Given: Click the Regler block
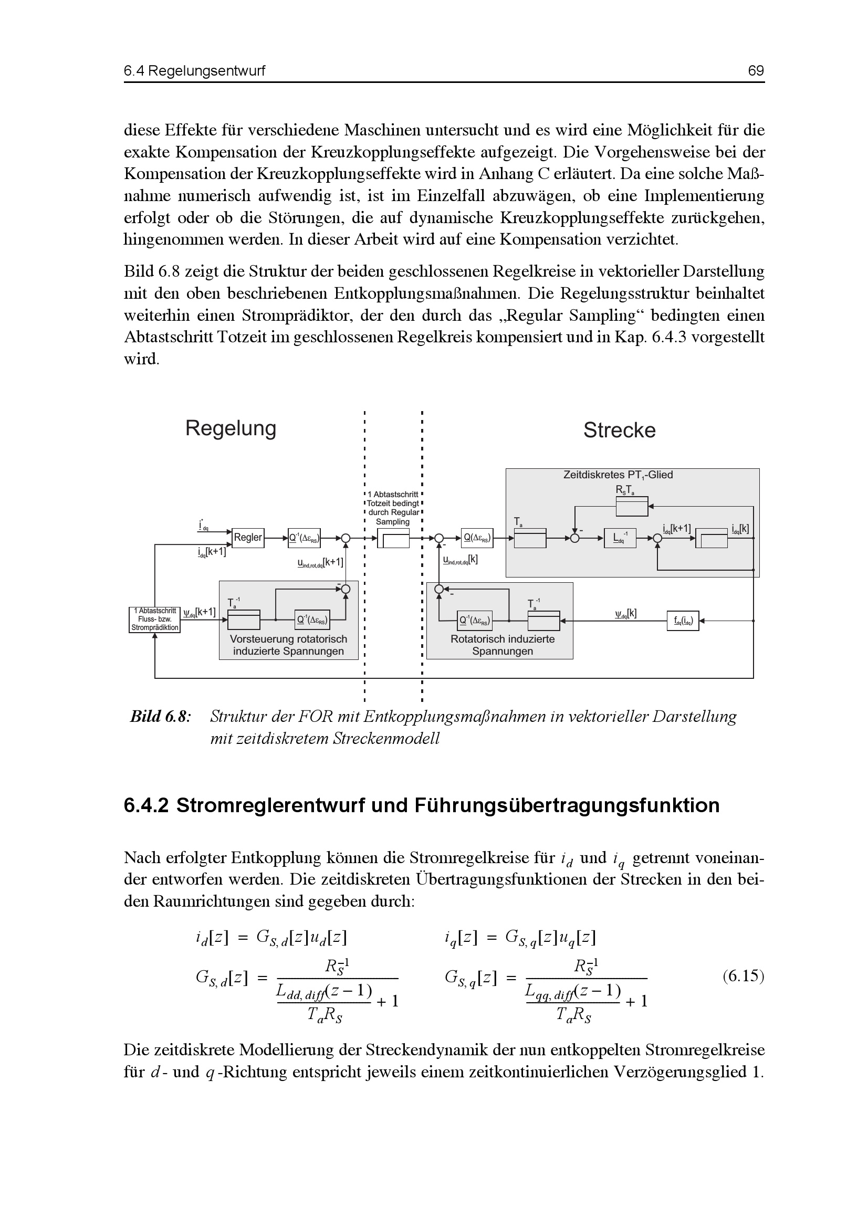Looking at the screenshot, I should pyautogui.click(x=248, y=538).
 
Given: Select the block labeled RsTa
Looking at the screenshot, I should pyautogui.click(x=632, y=507).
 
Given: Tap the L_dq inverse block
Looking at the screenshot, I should pyautogui.click(x=620, y=538).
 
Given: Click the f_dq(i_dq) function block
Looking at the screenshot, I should pyautogui.click(x=683, y=621).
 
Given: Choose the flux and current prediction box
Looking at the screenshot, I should pyautogui.click(x=154, y=620).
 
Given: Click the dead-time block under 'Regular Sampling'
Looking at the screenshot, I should pyautogui.click(x=393, y=539).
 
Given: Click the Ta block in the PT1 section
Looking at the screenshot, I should pyautogui.click(x=530, y=538).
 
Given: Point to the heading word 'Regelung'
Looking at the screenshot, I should pyautogui.click(x=231, y=428).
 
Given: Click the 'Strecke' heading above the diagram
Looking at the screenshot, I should pyautogui.click(x=619, y=431).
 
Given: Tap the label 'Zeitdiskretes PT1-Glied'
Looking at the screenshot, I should pyautogui.click(x=618, y=475).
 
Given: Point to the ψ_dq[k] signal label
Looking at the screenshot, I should pyautogui.click(x=626, y=613).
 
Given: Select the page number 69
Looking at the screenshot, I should pyautogui.click(x=756, y=70).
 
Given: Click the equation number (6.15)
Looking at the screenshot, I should pyautogui.click(x=744, y=976).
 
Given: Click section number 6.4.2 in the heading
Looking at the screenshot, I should pyautogui.click(x=146, y=805).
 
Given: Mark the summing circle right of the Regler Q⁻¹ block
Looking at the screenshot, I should pyautogui.click(x=346, y=538).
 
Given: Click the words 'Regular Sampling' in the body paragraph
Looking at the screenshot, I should pyautogui.click(x=561, y=316).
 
